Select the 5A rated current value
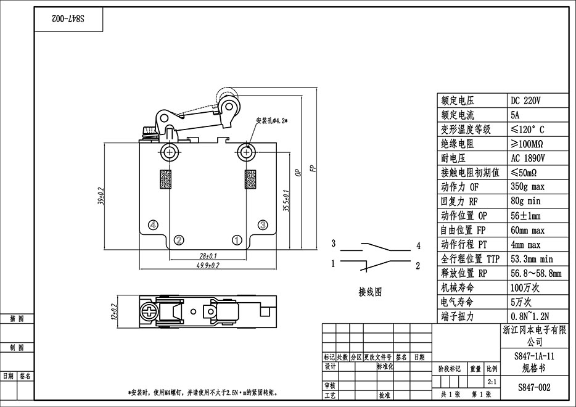516,115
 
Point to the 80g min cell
526,201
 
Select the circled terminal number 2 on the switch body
178,239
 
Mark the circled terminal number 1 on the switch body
237,239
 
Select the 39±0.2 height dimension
101,196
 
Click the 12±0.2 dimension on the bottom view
113,313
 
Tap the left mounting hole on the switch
170,152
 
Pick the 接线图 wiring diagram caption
370,292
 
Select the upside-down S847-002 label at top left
68,20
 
